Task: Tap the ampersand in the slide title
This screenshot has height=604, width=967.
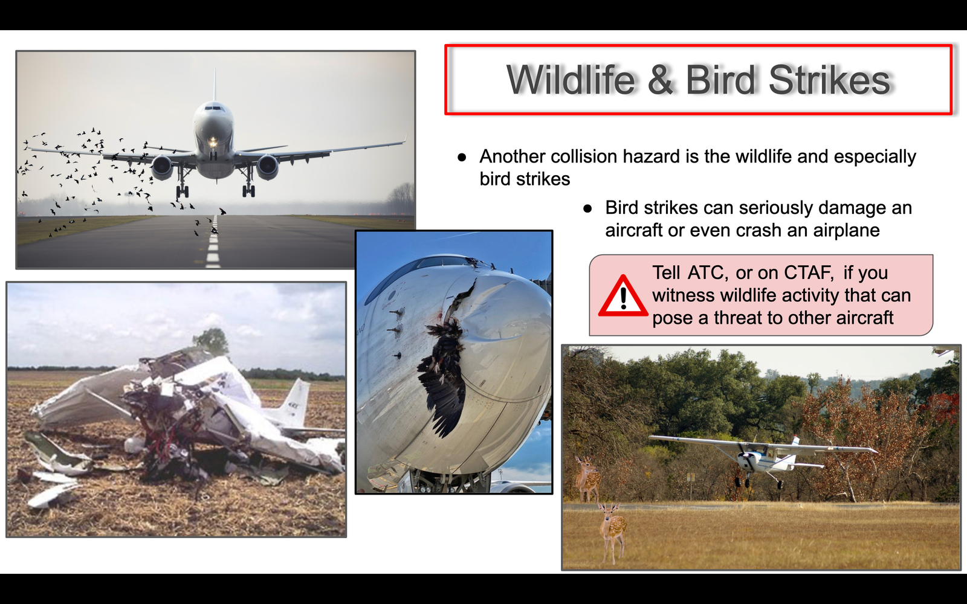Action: [x=661, y=80]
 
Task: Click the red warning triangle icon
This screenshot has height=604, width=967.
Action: [x=623, y=297]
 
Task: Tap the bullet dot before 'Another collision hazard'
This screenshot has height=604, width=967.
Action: [x=462, y=158]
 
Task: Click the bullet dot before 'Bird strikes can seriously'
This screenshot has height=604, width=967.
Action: [x=587, y=209]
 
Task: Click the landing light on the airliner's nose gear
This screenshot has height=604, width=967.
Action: [x=213, y=141]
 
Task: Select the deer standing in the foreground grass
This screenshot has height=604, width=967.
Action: [x=612, y=533]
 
